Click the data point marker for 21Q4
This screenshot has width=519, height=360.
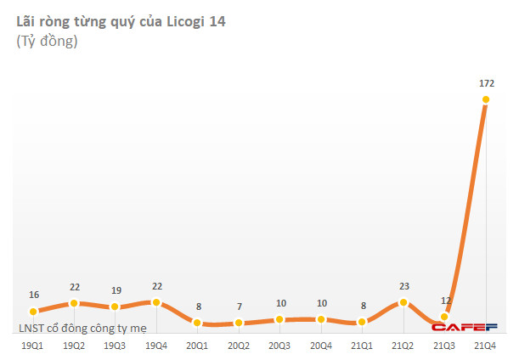point(486,99)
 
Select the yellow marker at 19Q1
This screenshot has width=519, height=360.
point(33,312)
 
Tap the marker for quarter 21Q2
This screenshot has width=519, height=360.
point(403,302)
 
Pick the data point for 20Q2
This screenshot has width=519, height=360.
point(239,323)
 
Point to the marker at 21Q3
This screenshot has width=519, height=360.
point(444,317)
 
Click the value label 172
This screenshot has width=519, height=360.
point(486,82)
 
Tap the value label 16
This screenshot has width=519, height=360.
point(33,295)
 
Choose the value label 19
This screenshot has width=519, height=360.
point(116,290)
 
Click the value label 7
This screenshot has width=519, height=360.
point(239,307)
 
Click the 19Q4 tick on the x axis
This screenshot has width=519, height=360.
point(156,346)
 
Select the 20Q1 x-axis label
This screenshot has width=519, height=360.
point(197,346)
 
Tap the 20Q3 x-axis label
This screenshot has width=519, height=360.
point(279,346)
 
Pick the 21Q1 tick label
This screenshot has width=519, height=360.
point(362,346)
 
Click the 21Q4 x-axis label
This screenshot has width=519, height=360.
point(486,346)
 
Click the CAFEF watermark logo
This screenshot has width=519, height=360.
point(464,327)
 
